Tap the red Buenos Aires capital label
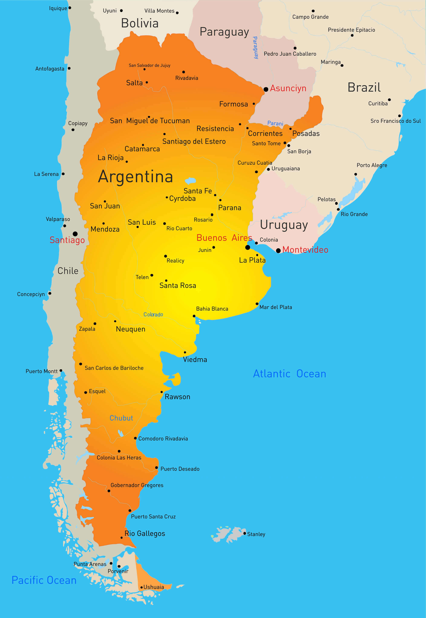[224, 238]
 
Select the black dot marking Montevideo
[278, 250]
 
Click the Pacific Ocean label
[44, 580]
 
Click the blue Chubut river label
[121, 418]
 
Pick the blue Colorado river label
[153, 314]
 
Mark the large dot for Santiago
[75, 234]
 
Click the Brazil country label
[364, 87]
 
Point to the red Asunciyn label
[288, 88]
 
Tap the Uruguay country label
[284, 225]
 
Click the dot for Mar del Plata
[257, 304]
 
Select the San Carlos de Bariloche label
[114, 368]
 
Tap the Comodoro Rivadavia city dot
[135, 438]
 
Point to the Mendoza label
[105, 229]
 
